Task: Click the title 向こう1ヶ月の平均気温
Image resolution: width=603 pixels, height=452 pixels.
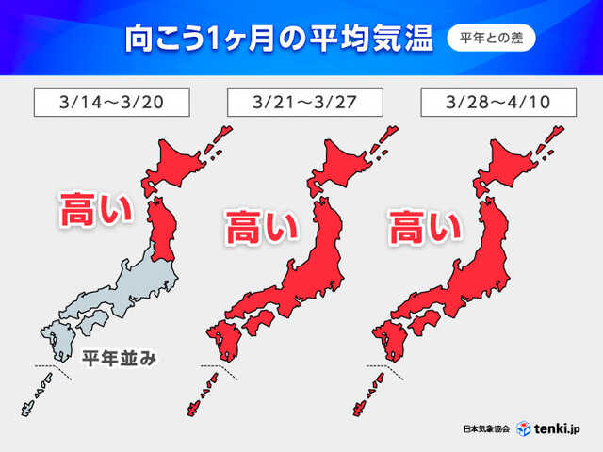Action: pos(279,40)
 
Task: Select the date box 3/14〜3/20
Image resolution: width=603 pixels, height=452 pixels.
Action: pos(111,101)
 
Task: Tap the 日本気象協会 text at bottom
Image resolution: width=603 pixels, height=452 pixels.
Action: pos(487,428)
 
